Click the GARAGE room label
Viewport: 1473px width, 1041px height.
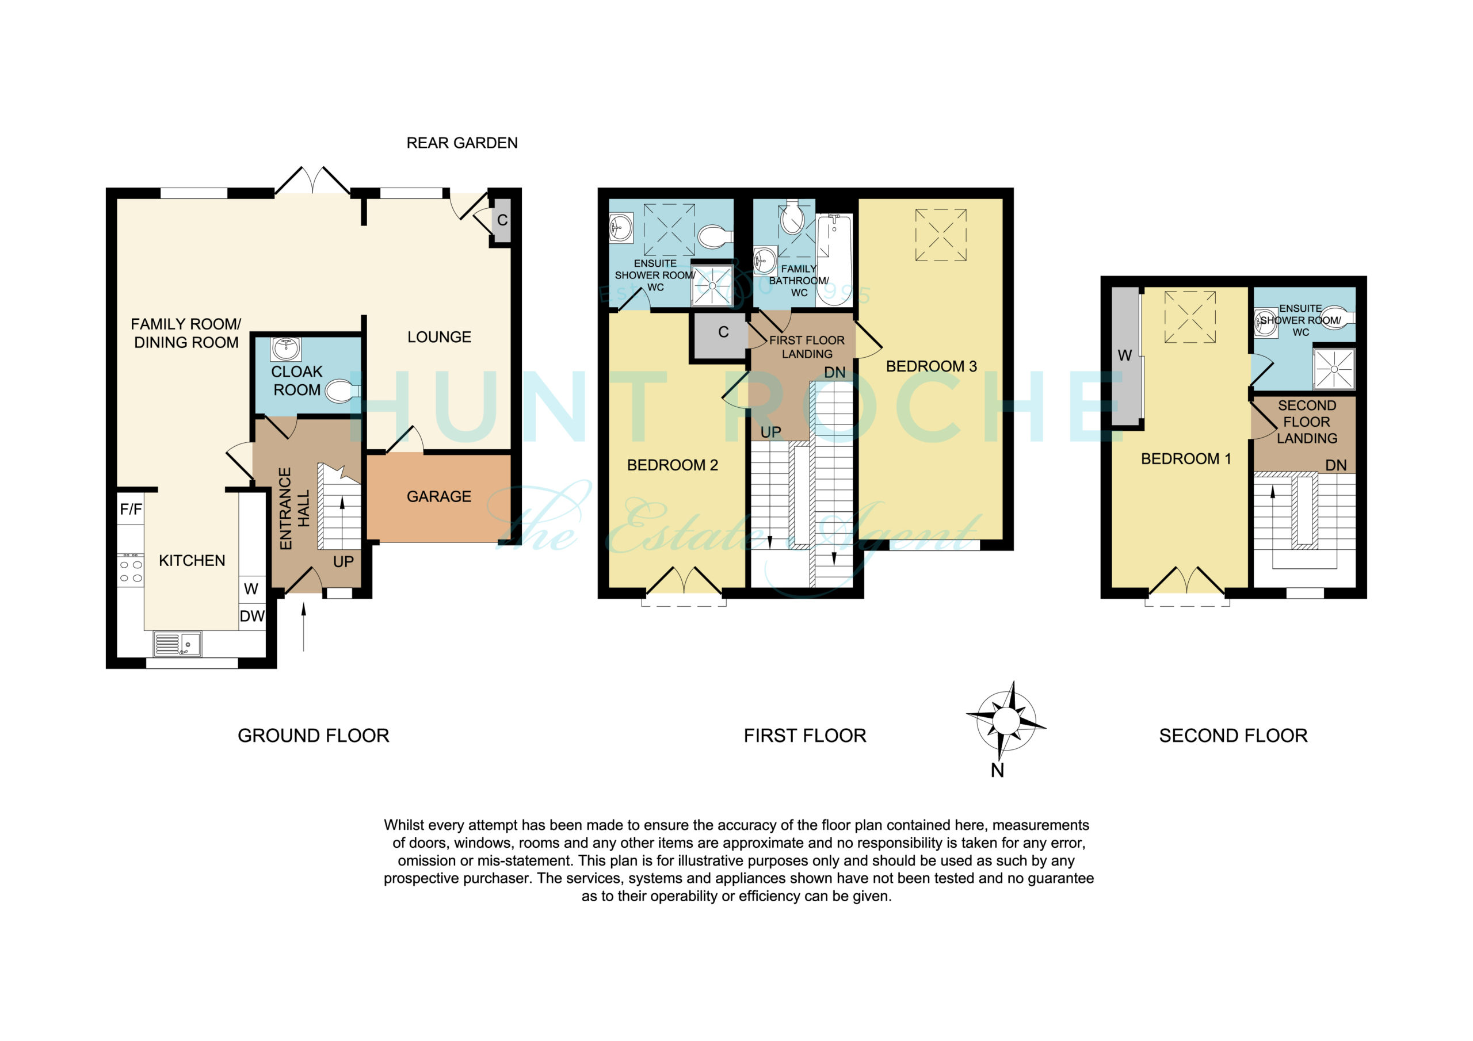click(439, 496)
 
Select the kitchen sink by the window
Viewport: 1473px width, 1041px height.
click(177, 644)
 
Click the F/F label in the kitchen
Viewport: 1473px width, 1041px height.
click(131, 509)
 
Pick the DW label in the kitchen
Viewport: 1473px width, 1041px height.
click(252, 617)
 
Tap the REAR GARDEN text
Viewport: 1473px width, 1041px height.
click(462, 143)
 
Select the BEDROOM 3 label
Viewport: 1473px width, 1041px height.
click(932, 366)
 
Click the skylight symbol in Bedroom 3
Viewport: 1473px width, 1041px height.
click(941, 235)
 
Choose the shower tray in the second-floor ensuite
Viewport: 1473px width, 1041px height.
click(1334, 369)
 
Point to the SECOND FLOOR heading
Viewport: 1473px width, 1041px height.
click(1233, 736)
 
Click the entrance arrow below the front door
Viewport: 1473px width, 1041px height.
click(303, 627)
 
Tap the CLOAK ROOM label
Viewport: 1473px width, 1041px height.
click(297, 381)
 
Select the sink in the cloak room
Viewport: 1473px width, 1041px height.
click(286, 349)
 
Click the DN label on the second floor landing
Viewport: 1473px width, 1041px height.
click(1337, 465)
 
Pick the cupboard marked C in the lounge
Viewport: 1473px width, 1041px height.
click(501, 220)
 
